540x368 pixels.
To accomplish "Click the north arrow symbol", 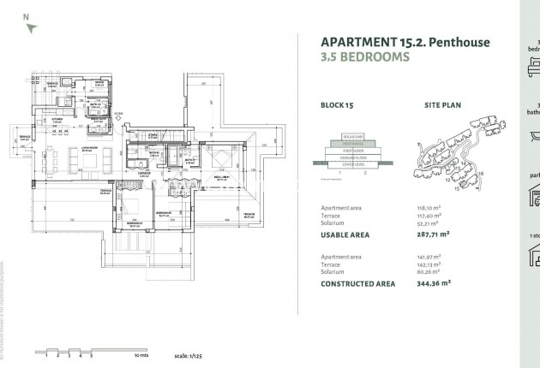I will (x=31, y=27).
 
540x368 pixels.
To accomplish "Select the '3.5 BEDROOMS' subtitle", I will (x=365, y=57).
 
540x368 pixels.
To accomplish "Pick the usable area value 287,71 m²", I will (x=433, y=233).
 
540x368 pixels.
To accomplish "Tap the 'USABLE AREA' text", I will (x=345, y=233).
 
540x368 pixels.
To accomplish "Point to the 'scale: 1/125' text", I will (x=186, y=354).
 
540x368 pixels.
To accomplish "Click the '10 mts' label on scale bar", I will (x=141, y=354).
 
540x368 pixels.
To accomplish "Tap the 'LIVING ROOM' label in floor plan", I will (x=87, y=149).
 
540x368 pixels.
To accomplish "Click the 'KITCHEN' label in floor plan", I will (x=58, y=121).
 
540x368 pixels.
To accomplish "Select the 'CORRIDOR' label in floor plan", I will (x=145, y=173).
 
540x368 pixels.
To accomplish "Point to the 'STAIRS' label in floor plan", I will (x=153, y=134).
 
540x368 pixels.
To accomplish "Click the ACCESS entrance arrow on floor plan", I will (x=117, y=116).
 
